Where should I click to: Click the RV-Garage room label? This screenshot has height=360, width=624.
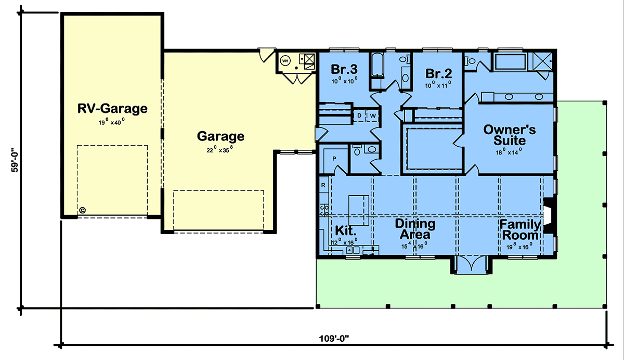tap(112, 108)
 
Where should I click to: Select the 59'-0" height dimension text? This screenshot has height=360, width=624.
tap(15, 162)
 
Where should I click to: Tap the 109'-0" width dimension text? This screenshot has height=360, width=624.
tap(334, 339)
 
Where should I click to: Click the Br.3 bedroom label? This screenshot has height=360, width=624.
tap(344, 69)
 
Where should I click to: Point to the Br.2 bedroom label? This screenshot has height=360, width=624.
tap(438, 73)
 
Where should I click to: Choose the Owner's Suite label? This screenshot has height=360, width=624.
tap(509, 135)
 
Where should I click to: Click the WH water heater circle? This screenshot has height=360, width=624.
tap(285, 60)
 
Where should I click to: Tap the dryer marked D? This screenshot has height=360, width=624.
tap(359, 115)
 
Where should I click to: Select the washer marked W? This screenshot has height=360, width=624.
tap(373, 115)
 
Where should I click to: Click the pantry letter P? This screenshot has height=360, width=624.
tap(334, 159)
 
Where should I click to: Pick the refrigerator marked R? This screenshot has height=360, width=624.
tap(323, 185)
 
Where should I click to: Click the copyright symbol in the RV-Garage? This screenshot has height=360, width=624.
tap(82, 210)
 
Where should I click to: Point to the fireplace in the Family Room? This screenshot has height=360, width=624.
tap(549, 215)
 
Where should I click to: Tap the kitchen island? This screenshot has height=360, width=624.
tap(358, 210)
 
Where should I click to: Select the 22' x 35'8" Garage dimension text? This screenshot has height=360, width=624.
tap(220, 150)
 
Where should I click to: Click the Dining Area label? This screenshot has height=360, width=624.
tap(415, 229)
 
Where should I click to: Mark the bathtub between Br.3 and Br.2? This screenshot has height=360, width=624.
tap(378, 65)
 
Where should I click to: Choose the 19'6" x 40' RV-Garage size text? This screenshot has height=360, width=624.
tap(111, 122)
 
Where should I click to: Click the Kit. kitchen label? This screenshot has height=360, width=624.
tap(345, 230)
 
